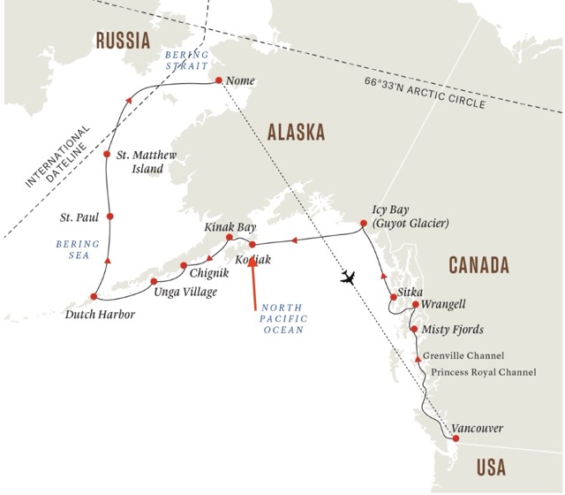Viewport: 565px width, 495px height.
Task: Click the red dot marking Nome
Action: (x=218, y=80)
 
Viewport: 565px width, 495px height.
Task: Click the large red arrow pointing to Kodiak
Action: (x=253, y=281)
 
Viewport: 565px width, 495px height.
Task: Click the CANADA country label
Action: (x=478, y=264)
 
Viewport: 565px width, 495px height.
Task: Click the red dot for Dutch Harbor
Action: (x=93, y=297)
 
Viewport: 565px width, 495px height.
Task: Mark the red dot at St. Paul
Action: (x=108, y=217)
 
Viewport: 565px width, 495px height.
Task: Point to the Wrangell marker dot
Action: (x=415, y=305)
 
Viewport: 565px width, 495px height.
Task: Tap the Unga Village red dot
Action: (x=154, y=280)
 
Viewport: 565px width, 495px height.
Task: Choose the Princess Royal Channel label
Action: (x=479, y=372)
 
